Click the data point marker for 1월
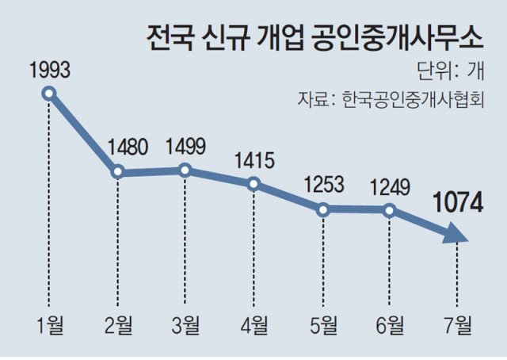coord(49,94)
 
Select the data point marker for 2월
coord(117,171)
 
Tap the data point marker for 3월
coord(185,170)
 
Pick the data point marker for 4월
coord(253,184)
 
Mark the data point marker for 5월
coord(322,209)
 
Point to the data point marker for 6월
coord(389,209)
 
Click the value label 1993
coord(49,70)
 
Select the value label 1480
coord(117,147)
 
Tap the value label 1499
coord(185,147)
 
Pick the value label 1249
coord(389,187)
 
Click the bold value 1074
coord(456,205)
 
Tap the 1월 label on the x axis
coord(49,325)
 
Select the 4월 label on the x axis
coord(253,325)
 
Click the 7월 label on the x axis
coord(457,325)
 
